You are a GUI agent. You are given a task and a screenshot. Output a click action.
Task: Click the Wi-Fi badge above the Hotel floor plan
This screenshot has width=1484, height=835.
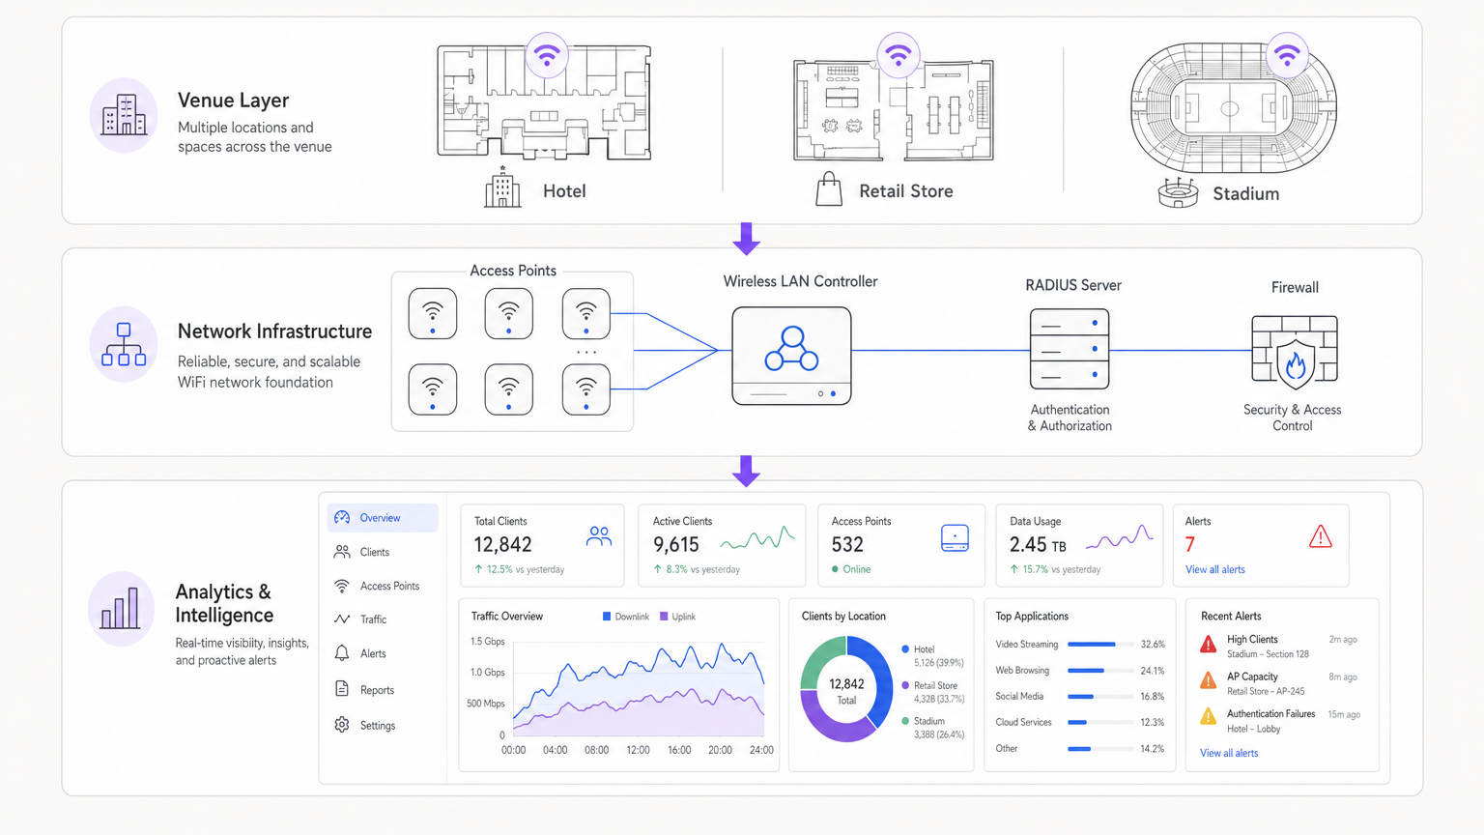pyautogui.click(x=547, y=55)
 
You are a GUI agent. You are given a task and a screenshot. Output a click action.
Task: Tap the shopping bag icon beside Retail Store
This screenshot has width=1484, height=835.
pyautogui.click(x=829, y=189)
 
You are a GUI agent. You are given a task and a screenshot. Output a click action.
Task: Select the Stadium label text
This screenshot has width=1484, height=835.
pyautogui.click(x=1245, y=194)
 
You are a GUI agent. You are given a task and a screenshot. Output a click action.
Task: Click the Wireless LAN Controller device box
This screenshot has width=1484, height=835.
pyautogui.click(x=791, y=355)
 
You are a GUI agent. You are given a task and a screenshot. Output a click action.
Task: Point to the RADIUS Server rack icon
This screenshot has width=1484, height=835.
pyautogui.click(x=1070, y=349)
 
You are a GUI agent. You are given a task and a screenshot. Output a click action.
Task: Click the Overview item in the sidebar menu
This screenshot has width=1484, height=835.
pyautogui.click(x=382, y=518)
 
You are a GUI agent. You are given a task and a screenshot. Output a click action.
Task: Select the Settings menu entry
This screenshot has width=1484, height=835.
pyautogui.click(x=377, y=726)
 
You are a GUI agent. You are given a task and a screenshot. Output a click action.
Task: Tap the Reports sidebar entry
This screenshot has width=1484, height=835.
pyautogui.click(x=376, y=690)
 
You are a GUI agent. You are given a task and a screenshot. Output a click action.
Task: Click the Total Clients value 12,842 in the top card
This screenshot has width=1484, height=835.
pyautogui.click(x=503, y=545)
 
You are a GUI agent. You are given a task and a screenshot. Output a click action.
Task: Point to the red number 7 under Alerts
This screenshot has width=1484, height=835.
pyautogui.click(x=1190, y=545)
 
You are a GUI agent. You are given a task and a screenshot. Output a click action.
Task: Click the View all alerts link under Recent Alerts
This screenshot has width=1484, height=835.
pyautogui.click(x=1229, y=753)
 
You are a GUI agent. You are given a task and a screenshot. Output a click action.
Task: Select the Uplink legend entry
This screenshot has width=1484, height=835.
pyautogui.click(x=678, y=617)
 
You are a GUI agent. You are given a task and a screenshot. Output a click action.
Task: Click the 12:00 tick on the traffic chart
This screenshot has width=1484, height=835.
pyautogui.click(x=638, y=750)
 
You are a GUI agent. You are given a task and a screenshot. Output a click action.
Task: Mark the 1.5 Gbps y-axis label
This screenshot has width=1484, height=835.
pyautogui.click(x=488, y=642)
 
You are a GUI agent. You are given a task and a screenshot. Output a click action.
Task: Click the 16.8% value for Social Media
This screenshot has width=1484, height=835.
pyautogui.click(x=1152, y=697)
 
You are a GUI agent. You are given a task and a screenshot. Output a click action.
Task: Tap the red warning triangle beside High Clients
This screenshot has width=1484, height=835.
pyautogui.click(x=1208, y=645)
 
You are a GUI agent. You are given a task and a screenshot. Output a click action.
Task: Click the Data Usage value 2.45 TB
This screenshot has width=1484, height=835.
pyautogui.click(x=1038, y=545)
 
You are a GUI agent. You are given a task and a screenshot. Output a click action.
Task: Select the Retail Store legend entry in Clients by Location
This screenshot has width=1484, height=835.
pyautogui.click(x=934, y=686)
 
